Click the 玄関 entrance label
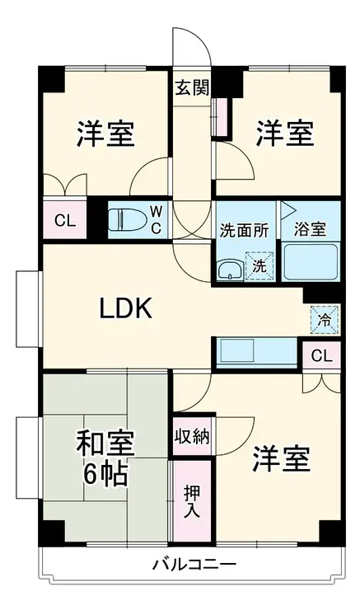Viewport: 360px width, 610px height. (x=192, y=87)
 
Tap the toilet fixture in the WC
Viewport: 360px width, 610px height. (x=126, y=220)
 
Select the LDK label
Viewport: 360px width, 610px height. (x=125, y=308)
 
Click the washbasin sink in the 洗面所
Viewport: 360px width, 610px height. (x=230, y=270)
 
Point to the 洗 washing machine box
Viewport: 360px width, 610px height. (x=259, y=266)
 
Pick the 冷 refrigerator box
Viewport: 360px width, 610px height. (x=325, y=320)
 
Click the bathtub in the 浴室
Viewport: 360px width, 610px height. (x=310, y=261)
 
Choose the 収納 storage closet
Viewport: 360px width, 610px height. (x=192, y=436)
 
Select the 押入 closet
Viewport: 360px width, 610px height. (x=192, y=502)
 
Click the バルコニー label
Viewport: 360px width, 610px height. (x=194, y=564)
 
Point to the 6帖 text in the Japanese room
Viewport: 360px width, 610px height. (x=105, y=473)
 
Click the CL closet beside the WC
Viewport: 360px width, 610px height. (x=64, y=221)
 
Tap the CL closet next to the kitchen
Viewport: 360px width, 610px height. (x=321, y=355)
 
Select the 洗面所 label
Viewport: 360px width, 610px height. (x=244, y=230)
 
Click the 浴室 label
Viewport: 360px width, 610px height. (x=310, y=230)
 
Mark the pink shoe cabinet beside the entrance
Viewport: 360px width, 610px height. (x=222, y=117)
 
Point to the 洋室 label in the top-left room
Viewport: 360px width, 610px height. (x=105, y=134)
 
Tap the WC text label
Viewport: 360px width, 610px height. (x=156, y=220)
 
